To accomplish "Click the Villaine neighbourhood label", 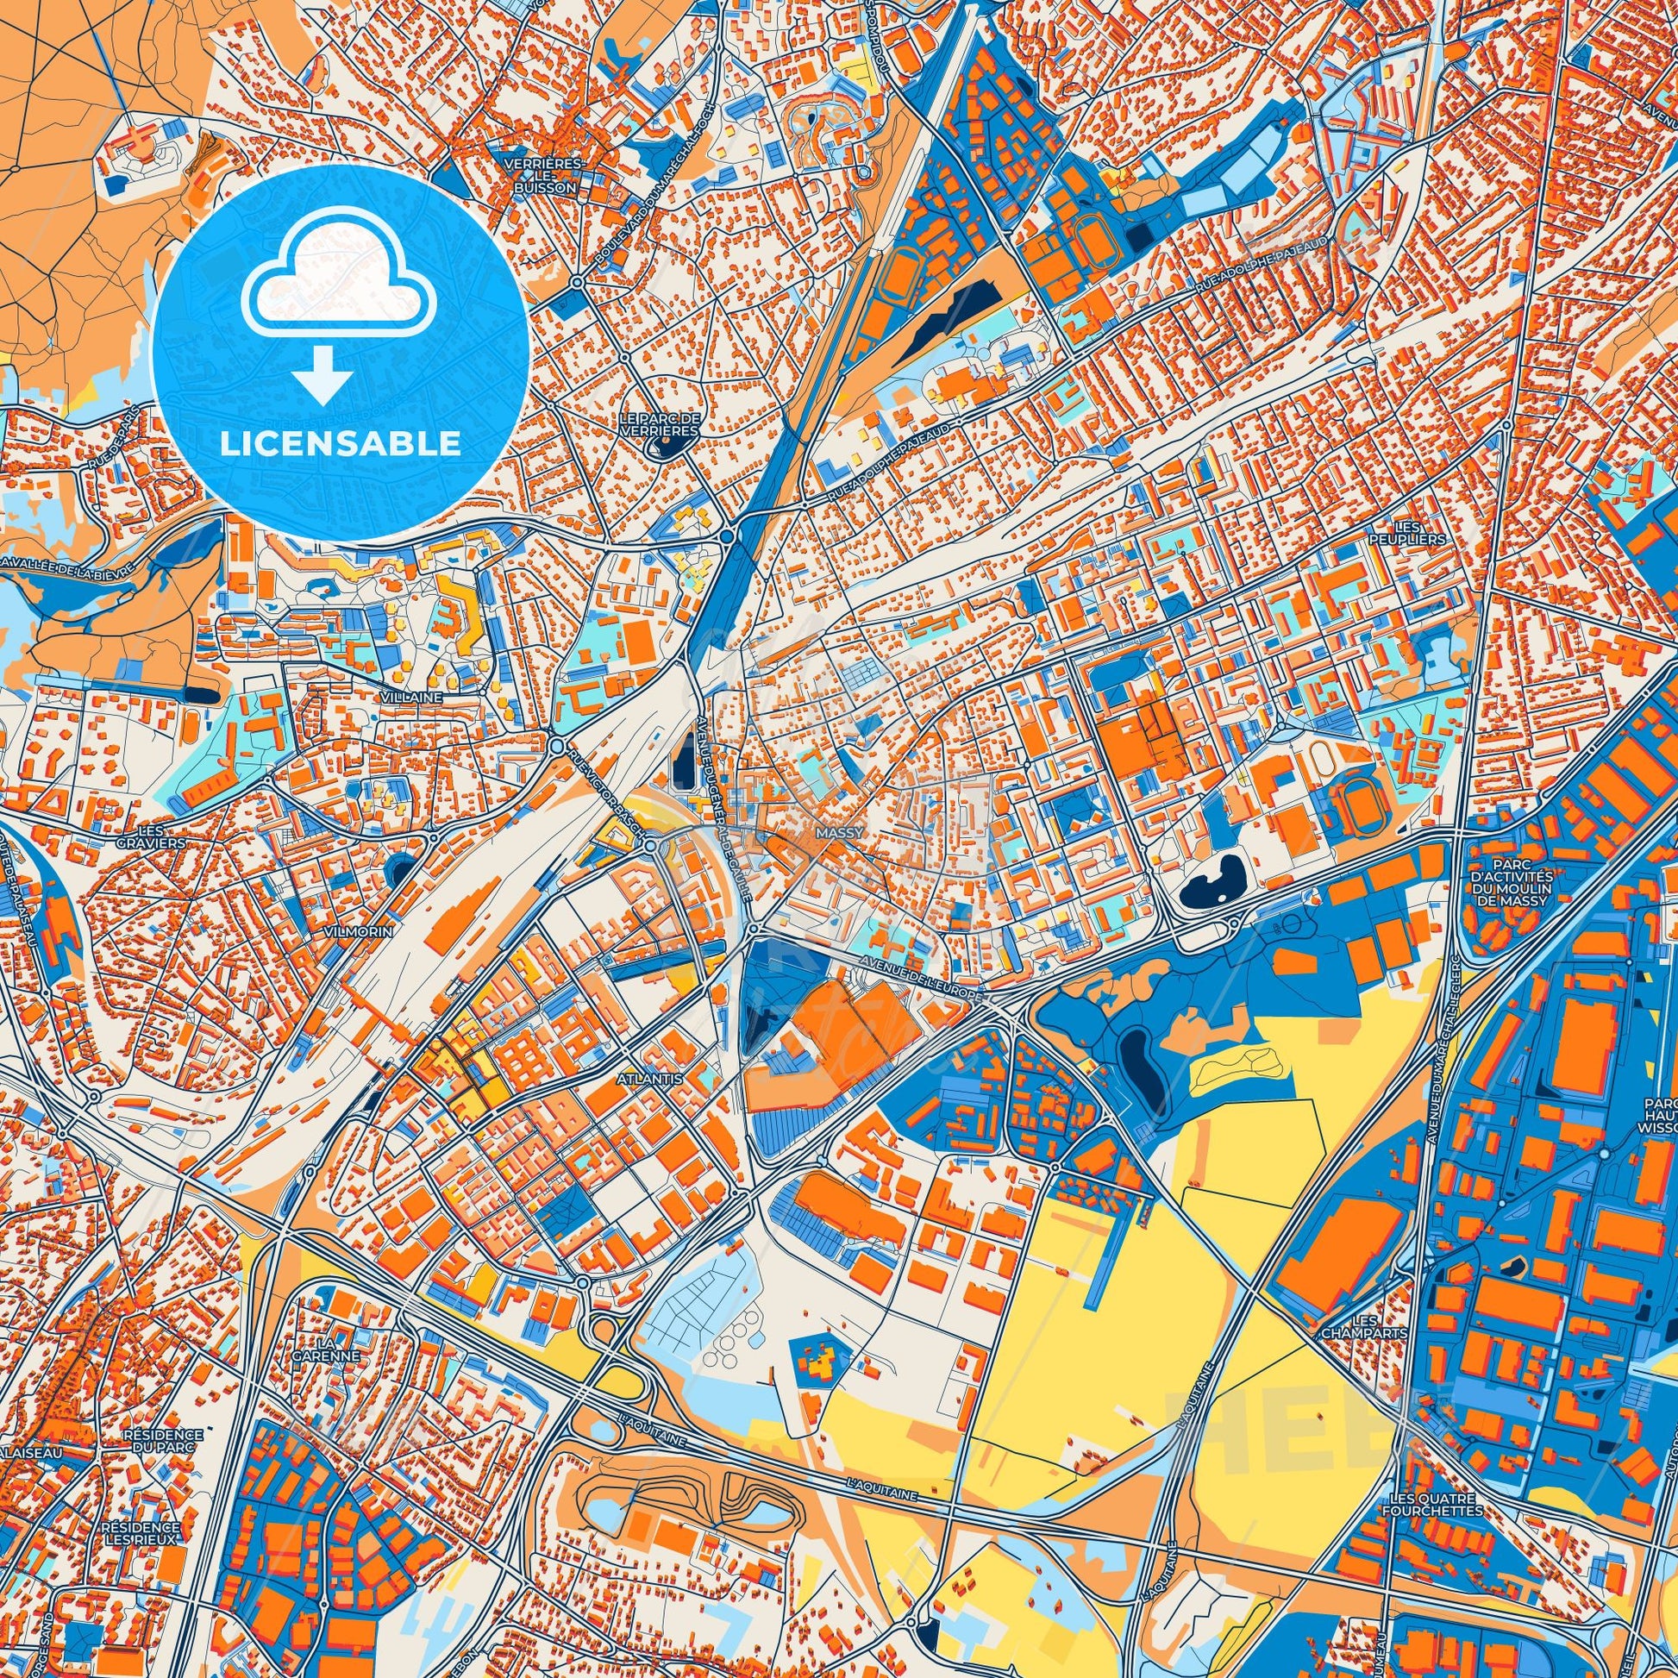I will (417, 697).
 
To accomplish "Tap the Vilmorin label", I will (358, 930).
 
